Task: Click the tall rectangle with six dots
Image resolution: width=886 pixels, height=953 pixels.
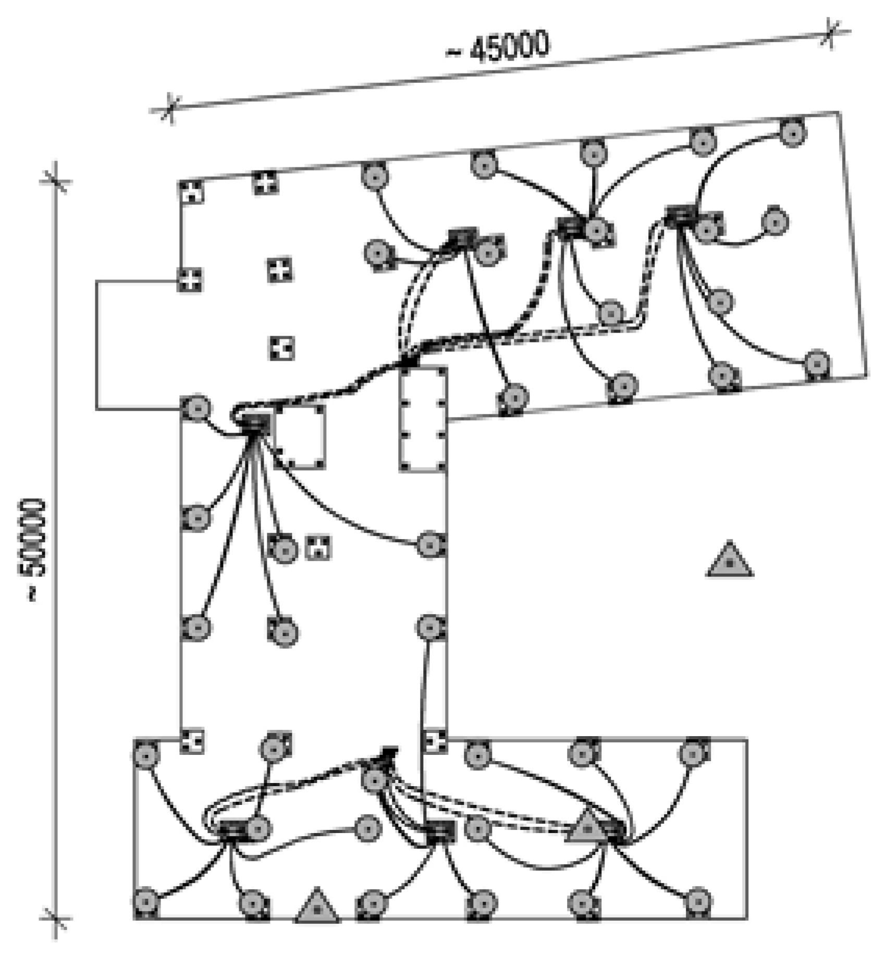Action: click(423, 420)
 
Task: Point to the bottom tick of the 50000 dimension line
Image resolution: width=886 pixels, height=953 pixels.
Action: click(56, 919)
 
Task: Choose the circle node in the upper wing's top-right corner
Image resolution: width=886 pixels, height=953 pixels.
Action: click(793, 133)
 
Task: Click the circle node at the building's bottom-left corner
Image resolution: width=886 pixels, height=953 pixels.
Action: click(146, 901)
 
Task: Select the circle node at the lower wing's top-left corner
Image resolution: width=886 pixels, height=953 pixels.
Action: click(146, 754)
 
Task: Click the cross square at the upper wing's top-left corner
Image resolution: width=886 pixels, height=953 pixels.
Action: click(192, 192)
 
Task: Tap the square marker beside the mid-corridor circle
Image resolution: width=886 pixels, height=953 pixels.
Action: click(318, 548)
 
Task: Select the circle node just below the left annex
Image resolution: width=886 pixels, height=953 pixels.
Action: click(197, 408)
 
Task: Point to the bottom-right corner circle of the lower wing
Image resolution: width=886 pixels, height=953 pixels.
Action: click(698, 900)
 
